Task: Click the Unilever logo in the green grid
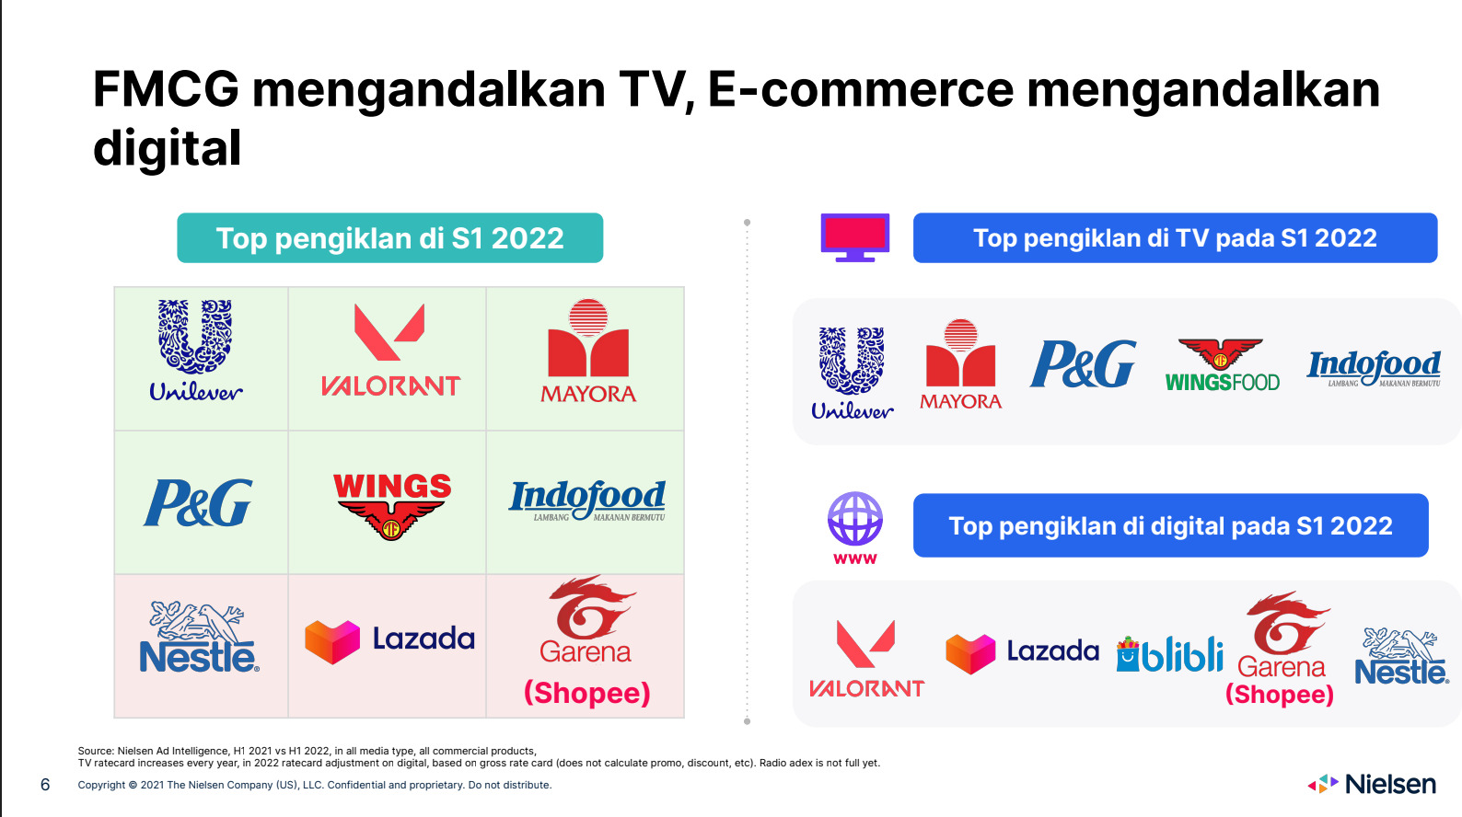point(196,351)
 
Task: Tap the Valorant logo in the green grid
point(390,351)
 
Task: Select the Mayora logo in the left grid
point(588,351)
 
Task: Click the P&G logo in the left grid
point(198,502)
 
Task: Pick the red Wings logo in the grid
point(391,506)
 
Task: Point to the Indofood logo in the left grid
point(586,501)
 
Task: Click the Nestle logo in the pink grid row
point(199,637)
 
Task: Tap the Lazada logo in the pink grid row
point(389,640)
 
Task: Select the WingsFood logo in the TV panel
point(1222,365)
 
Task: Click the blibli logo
point(1169,654)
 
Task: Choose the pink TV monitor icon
point(855,238)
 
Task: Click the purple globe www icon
point(855,528)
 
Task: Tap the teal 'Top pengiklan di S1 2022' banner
point(389,238)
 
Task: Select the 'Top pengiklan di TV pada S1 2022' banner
point(1175,238)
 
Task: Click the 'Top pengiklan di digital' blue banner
point(1170,525)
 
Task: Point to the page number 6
point(45,785)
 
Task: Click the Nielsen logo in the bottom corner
point(1372,784)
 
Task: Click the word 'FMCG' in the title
point(166,89)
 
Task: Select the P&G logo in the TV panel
point(1084,363)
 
